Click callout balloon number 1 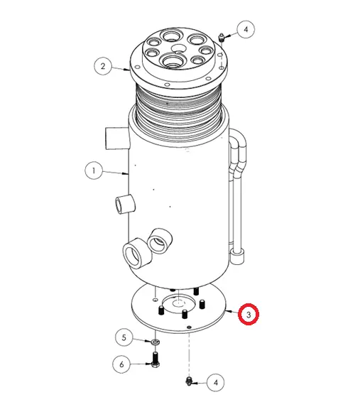94,170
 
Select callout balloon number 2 103,66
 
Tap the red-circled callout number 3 249,314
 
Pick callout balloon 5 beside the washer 124,337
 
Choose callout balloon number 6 121,364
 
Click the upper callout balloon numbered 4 246,29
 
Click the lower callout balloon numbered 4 216,383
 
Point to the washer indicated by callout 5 156,342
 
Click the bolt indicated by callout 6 156,359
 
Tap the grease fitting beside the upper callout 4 222,38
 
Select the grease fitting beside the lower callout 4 189,381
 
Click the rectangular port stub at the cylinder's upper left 117,138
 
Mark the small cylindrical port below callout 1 125,205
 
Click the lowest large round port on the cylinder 137,254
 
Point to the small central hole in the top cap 178,48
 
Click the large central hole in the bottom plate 179,303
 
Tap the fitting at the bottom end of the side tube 238,256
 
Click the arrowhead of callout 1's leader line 126,173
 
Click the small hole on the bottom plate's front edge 189,327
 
